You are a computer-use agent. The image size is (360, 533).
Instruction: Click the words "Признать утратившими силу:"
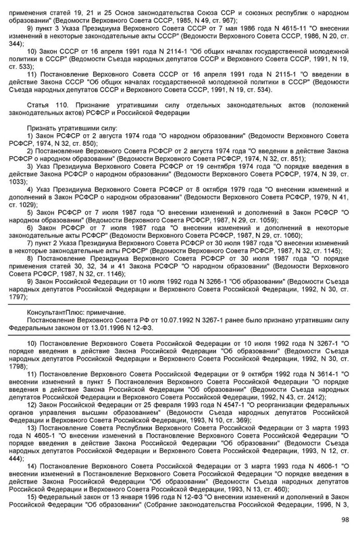[72, 128]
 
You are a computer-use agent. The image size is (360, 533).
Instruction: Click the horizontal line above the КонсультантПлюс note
[180, 303]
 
